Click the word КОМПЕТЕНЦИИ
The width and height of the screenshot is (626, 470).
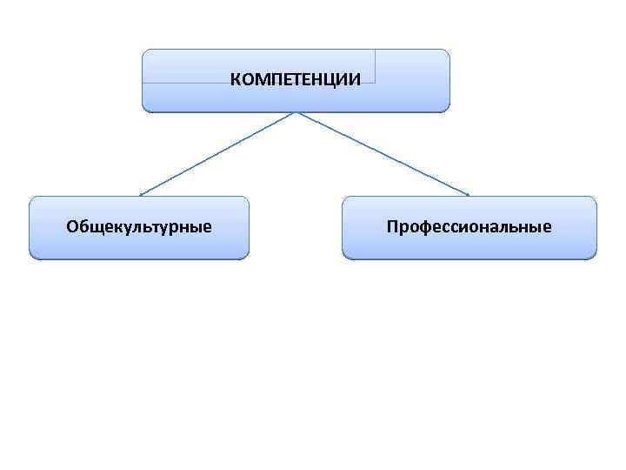(x=296, y=80)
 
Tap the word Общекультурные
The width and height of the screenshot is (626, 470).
(x=139, y=228)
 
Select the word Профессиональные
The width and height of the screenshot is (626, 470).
(x=469, y=228)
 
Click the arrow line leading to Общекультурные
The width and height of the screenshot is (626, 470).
(x=217, y=153)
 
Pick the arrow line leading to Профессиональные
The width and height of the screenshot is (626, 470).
(x=383, y=153)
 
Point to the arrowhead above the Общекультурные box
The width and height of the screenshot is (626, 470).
(x=142, y=193)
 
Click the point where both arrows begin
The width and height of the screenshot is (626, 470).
(x=296, y=112)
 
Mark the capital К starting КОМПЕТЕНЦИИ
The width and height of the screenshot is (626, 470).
(x=235, y=80)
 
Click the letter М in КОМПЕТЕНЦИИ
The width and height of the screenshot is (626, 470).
(x=259, y=80)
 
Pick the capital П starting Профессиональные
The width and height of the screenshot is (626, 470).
(x=393, y=228)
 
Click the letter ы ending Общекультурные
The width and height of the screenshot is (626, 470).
(x=194, y=229)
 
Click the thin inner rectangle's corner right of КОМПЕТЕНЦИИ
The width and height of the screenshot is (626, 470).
(x=375, y=82)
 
